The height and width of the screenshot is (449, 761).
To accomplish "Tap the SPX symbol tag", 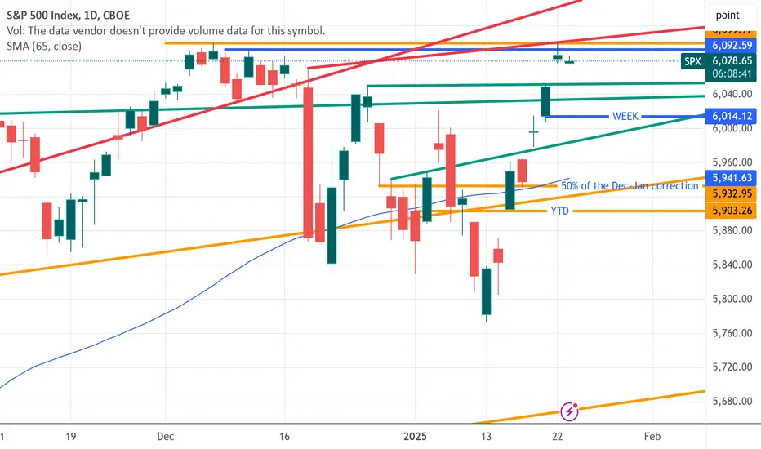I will pyautogui.click(x=692, y=60).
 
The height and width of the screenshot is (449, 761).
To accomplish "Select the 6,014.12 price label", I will pyautogui.click(x=732, y=116).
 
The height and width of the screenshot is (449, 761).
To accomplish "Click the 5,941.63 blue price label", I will pyautogui.click(x=732, y=177).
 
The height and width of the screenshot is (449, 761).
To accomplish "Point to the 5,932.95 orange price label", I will pyautogui.click(x=732, y=193).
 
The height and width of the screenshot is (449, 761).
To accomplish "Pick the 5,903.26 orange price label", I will pyautogui.click(x=732, y=211).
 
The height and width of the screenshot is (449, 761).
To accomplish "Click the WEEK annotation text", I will pyautogui.click(x=625, y=116).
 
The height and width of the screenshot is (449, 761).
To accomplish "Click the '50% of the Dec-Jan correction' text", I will pyautogui.click(x=630, y=186).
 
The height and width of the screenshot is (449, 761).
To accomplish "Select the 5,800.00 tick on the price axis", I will pyautogui.click(x=732, y=299).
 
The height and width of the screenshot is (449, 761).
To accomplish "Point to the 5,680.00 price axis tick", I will pyautogui.click(x=732, y=402).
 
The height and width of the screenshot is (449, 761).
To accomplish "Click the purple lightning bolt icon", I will pyautogui.click(x=570, y=411).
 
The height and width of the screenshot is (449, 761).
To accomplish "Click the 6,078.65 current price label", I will pyautogui.click(x=732, y=60).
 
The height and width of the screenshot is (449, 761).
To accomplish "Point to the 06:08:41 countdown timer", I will pyautogui.click(x=732, y=73).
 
